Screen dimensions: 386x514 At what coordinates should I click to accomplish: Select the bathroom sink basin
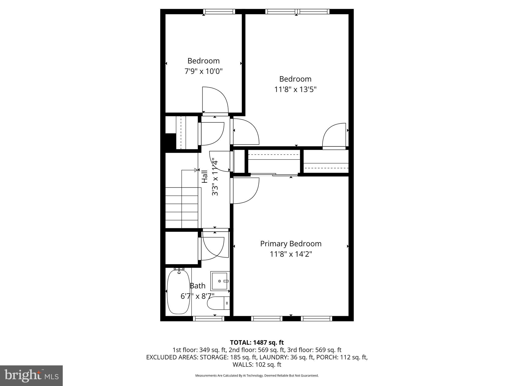click(x=220, y=281)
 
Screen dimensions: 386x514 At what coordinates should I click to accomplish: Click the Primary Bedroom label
click(x=291, y=244)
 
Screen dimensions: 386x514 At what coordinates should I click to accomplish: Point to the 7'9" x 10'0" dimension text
click(x=204, y=71)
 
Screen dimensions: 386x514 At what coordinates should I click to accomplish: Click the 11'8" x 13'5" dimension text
click(x=295, y=89)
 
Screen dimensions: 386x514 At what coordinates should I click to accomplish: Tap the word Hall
click(x=205, y=177)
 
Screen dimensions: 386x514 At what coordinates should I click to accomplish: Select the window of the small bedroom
click(x=219, y=12)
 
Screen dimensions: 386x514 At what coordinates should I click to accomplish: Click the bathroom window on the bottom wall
click(x=209, y=318)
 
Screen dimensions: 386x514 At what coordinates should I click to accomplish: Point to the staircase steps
click(x=182, y=207)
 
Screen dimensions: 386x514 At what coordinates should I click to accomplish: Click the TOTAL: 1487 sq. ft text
click(x=257, y=342)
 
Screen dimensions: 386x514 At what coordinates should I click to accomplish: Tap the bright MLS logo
click(x=31, y=376)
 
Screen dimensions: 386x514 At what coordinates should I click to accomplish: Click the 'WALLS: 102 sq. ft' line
click(x=257, y=364)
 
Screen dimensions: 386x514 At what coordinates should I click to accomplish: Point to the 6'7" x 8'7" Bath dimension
click(x=198, y=296)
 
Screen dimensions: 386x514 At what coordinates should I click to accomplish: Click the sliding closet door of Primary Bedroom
click(x=274, y=174)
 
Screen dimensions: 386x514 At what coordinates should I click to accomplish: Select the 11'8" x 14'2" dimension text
click(x=291, y=254)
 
